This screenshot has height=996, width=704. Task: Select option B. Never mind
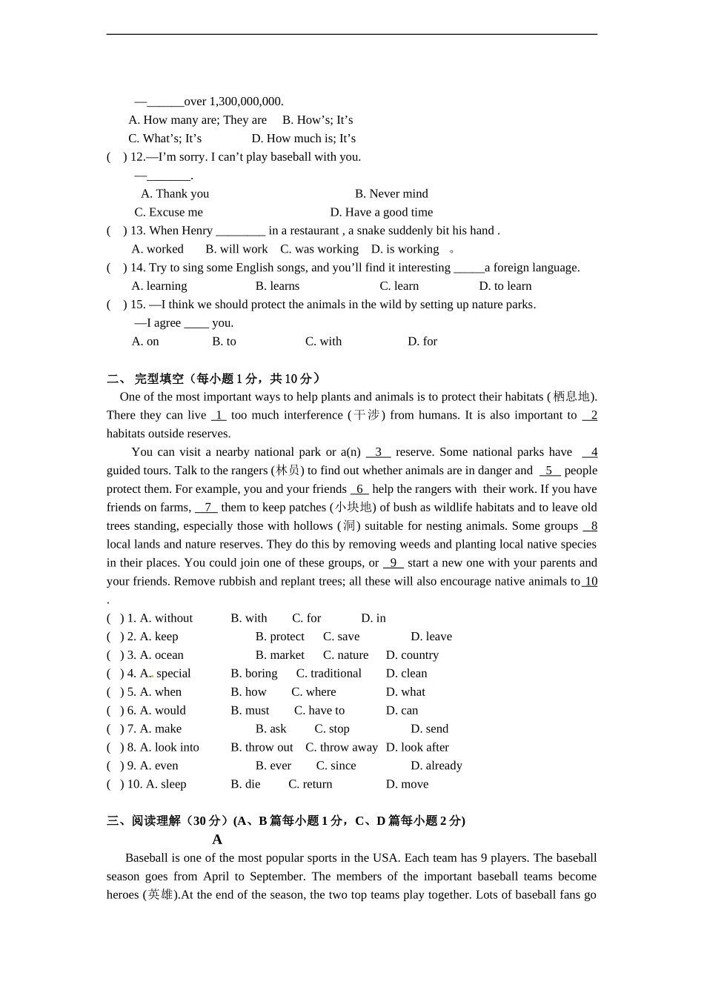[x=391, y=193]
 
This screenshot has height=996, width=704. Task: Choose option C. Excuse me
[x=168, y=212]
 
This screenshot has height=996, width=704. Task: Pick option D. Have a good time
[x=381, y=212]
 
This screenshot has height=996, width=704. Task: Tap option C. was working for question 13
[x=319, y=249]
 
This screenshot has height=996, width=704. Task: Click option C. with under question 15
[x=323, y=342]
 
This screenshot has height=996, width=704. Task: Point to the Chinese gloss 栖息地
[x=571, y=397]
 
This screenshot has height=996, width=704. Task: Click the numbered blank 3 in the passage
[x=378, y=452]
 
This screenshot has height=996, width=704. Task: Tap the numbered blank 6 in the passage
[x=359, y=489]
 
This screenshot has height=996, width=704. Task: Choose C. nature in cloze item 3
[x=345, y=655]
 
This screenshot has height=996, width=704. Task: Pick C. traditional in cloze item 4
[x=328, y=674]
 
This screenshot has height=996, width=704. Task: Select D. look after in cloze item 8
[x=417, y=748]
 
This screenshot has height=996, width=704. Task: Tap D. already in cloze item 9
[x=436, y=766]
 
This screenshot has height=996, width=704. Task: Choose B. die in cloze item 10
[x=245, y=784]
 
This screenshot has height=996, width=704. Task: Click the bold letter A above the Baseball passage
[x=217, y=840]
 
